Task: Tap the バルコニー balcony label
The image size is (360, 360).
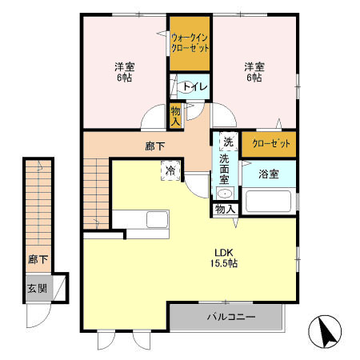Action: tap(230, 318)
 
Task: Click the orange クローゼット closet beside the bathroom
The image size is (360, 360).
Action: tap(269, 144)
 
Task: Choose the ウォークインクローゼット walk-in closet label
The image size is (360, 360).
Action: tap(190, 42)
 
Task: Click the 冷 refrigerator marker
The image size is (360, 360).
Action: tap(170, 170)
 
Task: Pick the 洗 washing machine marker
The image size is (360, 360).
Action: tap(228, 142)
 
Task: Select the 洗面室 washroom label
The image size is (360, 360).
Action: tap(226, 170)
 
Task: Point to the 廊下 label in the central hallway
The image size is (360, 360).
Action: tap(155, 146)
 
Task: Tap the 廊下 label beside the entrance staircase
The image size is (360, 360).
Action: tap(36, 260)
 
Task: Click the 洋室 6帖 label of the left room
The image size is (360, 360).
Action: tap(122, 72)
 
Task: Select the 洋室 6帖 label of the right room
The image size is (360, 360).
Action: tap(254, 72)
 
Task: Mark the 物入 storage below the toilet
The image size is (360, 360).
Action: tap(176, 115)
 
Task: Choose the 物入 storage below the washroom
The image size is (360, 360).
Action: tap(225, 210)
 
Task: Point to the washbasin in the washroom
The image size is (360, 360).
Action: tap(225, 194)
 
